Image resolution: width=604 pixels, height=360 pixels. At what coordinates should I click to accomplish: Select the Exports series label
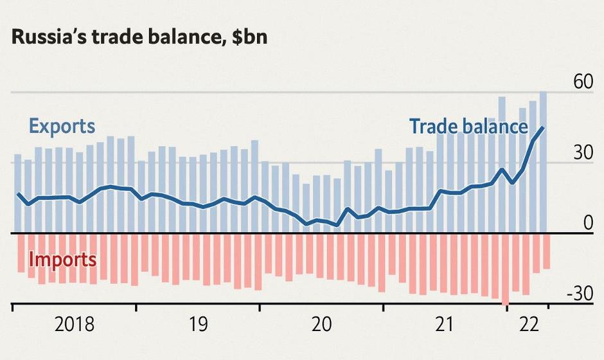pyautogui.click(x=62, y=127)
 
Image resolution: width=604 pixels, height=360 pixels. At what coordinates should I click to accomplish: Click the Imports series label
pyautogui.click(x=63, y=260)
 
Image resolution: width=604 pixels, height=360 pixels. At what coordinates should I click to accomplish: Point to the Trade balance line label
pyautogui.click(x=468, y=127)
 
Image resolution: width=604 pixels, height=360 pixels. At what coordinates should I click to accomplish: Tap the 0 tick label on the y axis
pyautogui.click(x=588, y=223)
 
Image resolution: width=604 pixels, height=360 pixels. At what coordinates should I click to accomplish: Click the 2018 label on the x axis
pyautogui.click(x=75, y=324)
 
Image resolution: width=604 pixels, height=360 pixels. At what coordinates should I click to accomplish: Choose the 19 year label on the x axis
pyautogui.click(x=198, y=324)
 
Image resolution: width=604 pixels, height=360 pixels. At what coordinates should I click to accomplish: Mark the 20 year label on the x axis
pyautogui.click(x=321, y=324)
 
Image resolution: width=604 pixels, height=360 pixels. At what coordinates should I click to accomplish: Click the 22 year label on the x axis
pyautogui.click(x=528, y=324)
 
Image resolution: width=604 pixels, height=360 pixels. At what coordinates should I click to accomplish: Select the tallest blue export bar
pyautogui.click(x=543, y=161)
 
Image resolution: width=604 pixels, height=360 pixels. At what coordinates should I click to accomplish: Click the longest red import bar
pyautogui.click(x=505, y=269)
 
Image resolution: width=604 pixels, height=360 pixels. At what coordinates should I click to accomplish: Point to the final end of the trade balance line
pyautogui.click(x=544, y=127)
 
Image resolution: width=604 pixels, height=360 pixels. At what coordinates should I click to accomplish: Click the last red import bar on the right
pyautogui.click(x=546, y=251)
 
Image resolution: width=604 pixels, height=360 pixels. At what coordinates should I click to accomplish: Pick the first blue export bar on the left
pyautogui.click(x=18, y=193)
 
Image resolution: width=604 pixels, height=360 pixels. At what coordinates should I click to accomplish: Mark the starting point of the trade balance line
pyautogui.click(x=18, y=194)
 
